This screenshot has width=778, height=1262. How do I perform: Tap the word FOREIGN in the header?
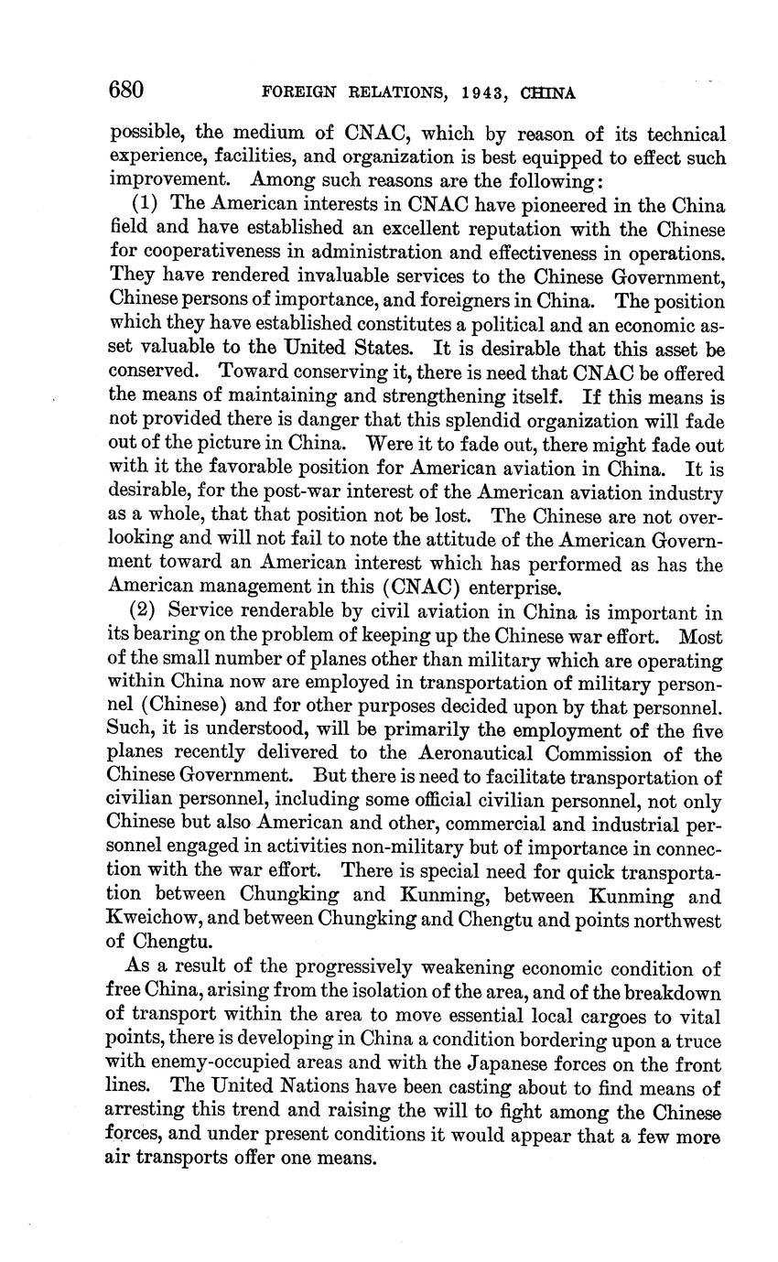(293, 92)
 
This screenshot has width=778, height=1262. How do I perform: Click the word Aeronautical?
(470, 754)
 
